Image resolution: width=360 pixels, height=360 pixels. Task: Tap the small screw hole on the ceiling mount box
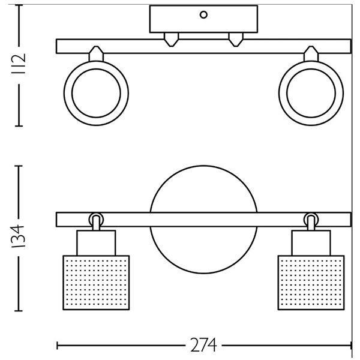[x=204, y=14]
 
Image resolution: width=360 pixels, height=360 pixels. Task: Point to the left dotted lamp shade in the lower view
[x=96, y=281]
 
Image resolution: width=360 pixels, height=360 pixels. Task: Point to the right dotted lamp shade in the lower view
[x=312, y=281]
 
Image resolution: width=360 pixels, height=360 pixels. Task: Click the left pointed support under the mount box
[x=172, y=40]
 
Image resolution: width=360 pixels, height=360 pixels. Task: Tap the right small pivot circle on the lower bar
[x=311, y=219]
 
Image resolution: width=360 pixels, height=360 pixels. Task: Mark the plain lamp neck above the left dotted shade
[x=95, y=242]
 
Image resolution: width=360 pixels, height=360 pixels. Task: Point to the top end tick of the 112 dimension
[x=20, y=8]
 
